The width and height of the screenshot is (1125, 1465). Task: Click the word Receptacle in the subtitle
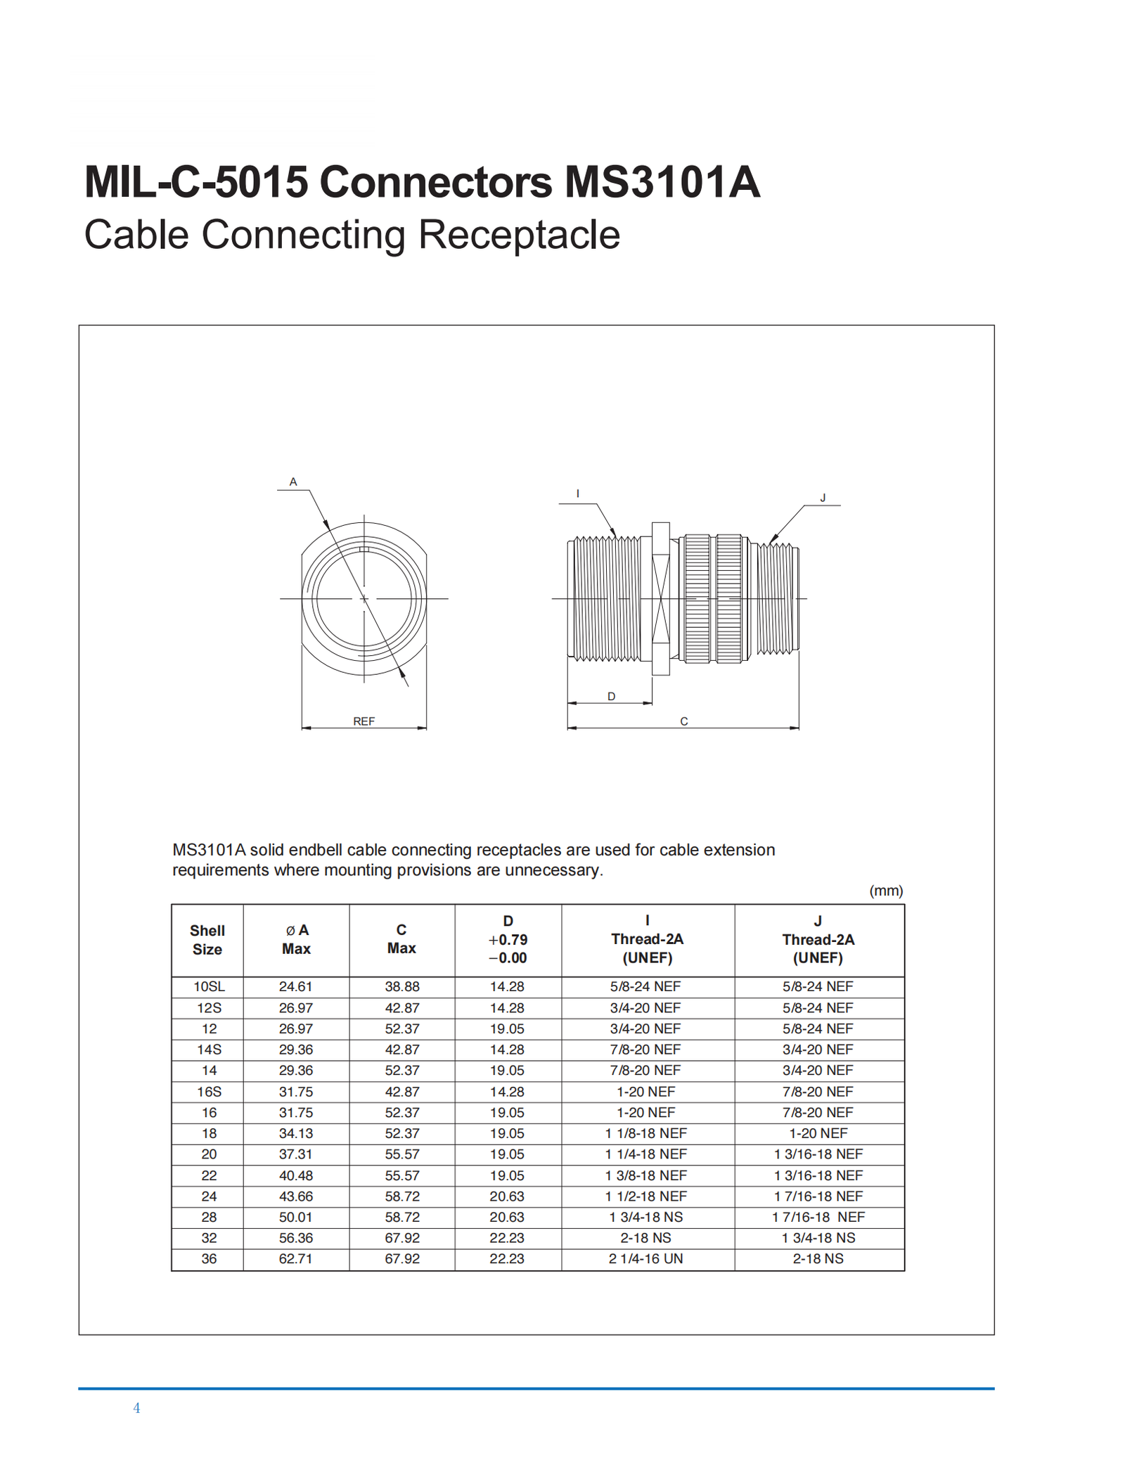pyautogui.click(x=519, y=235)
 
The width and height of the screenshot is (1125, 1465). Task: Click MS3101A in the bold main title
pyautogui.click(x=662, y=182)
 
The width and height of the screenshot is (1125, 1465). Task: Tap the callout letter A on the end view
pyautogui.click(x=293, y=482)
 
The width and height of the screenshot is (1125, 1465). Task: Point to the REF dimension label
pyautogui.click(x=364, y=721)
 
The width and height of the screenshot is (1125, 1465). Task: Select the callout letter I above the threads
pyautogui.click(x=578, y=494)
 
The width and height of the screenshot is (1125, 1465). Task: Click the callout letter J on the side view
pyautogui.click(x=823, y=498)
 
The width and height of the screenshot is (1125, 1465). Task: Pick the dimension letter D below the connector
pyautogui.click(x=612, y=697)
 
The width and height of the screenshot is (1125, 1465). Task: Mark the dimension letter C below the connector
pyautogui.click(x=683, y=721)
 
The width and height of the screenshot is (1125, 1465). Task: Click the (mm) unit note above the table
pyautogui.click(x=886, y=891)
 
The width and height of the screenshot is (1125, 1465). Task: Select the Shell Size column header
pyautogui.click(x=207, y=940)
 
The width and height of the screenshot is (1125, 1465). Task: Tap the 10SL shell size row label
pyautogui.click(x=209, y=986)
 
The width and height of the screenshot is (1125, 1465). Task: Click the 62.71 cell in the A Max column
pyautogui.click(x=295, y=1258)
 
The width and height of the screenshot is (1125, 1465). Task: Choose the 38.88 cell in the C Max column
pyautogui.click(x=401, y=986)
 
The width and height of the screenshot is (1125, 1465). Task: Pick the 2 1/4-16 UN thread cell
pyautogui.click(x=645, y=1258)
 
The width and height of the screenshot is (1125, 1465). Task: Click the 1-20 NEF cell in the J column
pyautogui.click(x=818, y=1133)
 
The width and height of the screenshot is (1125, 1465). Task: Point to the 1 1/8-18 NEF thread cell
pyautogui.click(x=645, y=1133)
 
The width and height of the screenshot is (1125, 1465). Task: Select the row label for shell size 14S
pyautogui.click(x=209, y=1050)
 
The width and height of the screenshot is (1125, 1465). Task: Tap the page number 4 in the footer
pyautogui.click(x=136, y=1408)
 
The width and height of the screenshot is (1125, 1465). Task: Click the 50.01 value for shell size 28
pyautogui.click(x=295, y=1217)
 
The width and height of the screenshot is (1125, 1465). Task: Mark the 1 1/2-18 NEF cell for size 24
pyautogui.click(x=645, y=1196)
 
